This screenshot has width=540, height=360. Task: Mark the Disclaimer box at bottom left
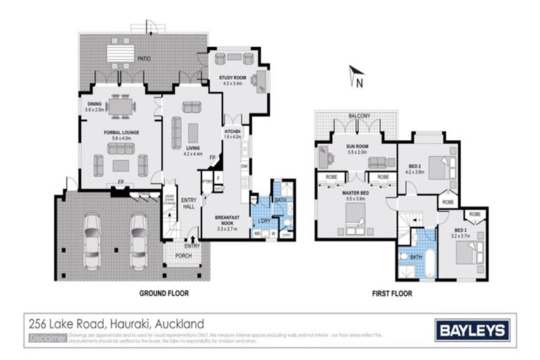point(48,338)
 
